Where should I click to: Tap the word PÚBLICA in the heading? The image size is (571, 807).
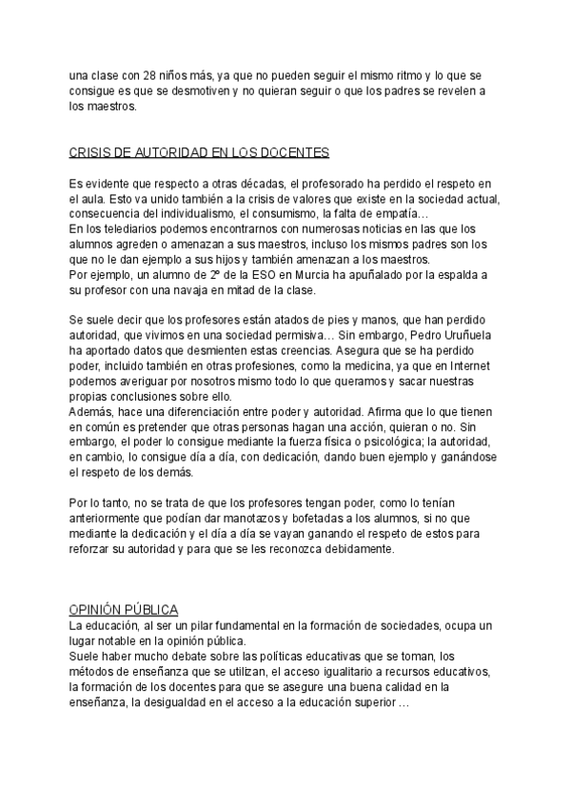(163, 609)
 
